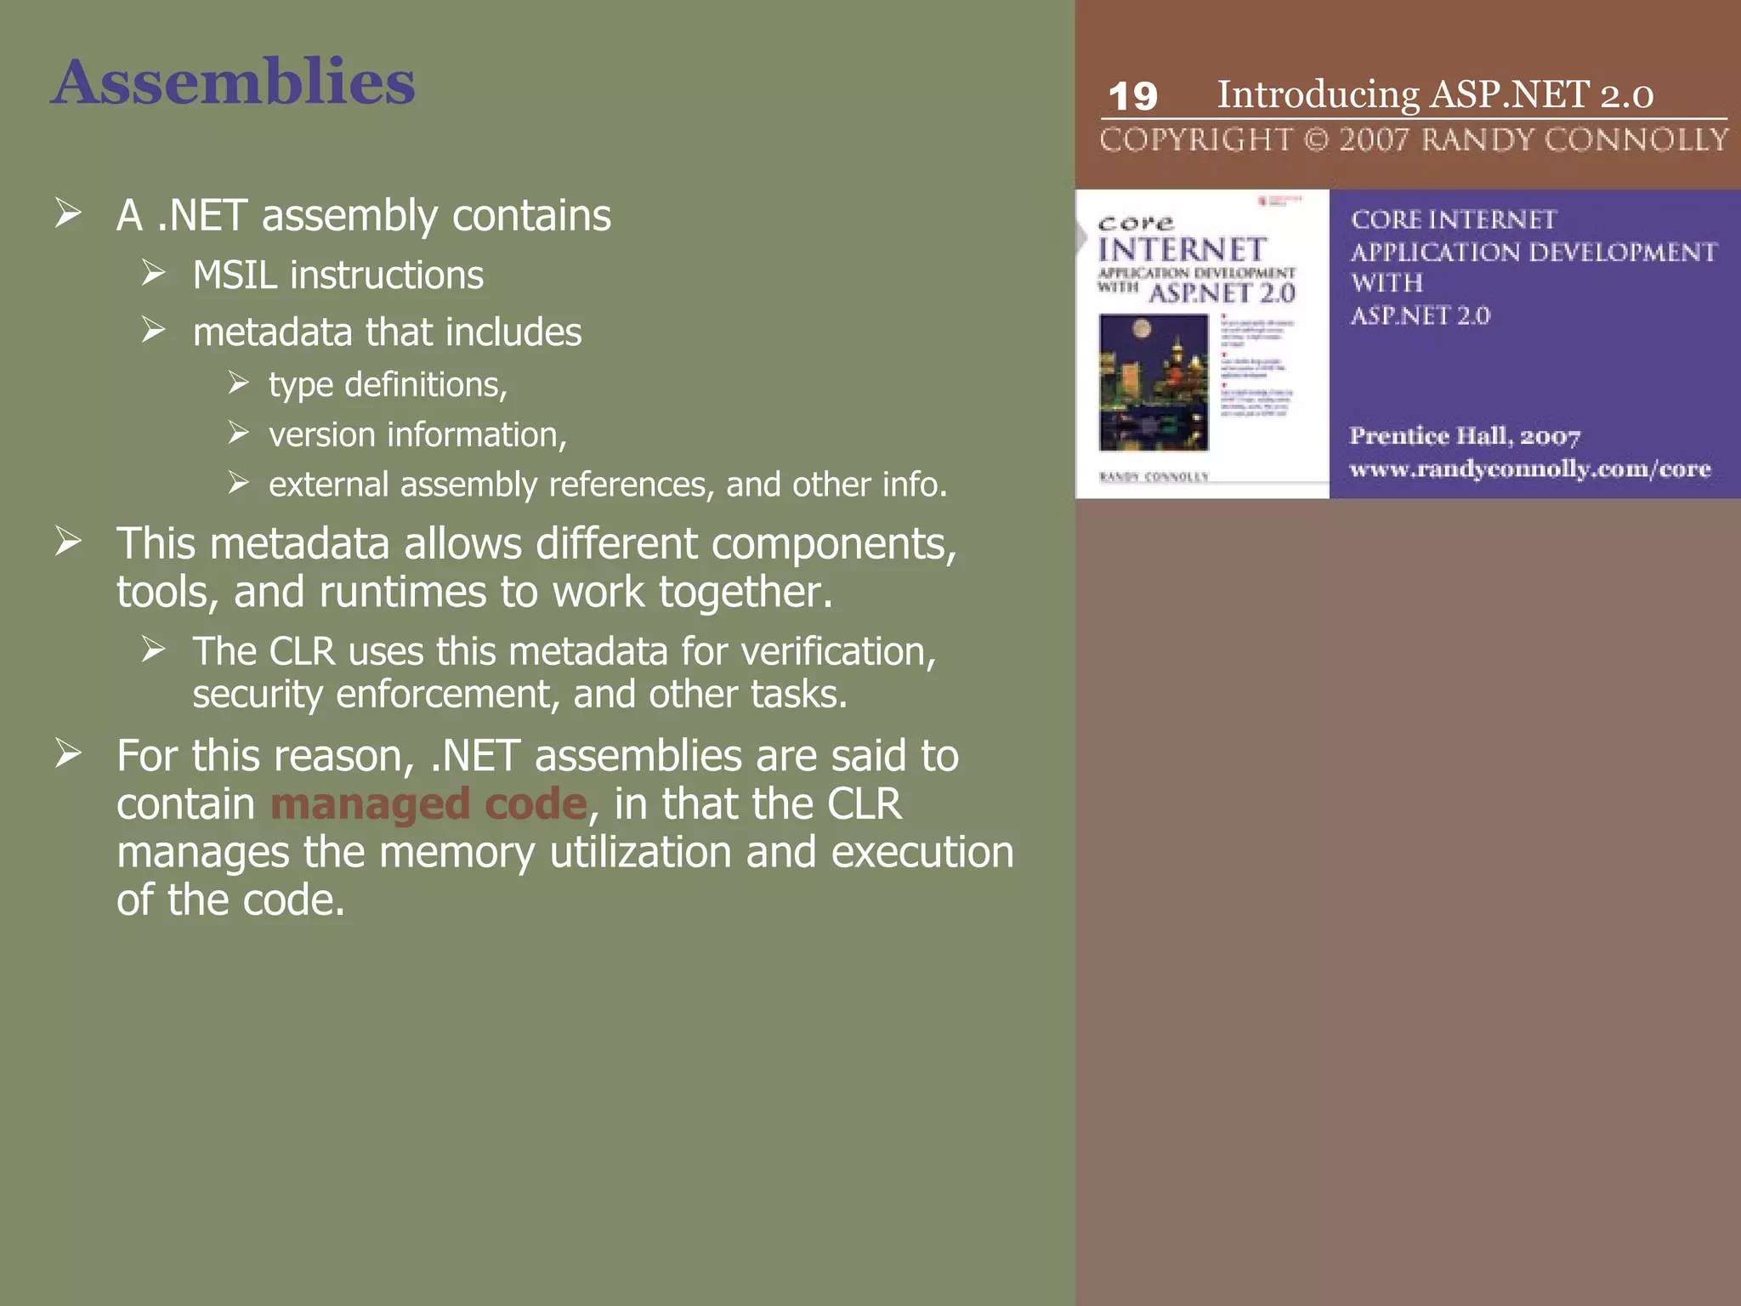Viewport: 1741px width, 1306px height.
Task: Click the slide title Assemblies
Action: pyautogui.click(x=232, y=82)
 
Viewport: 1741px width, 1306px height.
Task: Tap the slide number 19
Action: pyautogui.click(x=1132, y=96)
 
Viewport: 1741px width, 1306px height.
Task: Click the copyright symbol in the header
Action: pyautogui.click(x=1315, y=139)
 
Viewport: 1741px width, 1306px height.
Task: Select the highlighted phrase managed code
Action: pyautogui.click(x=428, y=803)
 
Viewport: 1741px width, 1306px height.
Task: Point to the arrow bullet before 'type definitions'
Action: pyautogui.click(x=238, y=383)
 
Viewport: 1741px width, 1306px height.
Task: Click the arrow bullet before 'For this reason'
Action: pyautogui.click(x=68, y=754)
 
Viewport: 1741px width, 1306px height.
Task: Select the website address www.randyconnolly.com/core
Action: pyautogui.click(x=1529, y=468)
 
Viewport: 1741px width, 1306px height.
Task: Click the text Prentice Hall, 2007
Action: pyautogui.click(x=1465, y=436)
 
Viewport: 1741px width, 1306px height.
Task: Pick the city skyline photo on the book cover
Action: pyautogui.click(x=1154, y=382)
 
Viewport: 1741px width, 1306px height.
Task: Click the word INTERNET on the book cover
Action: pyautogui.click(x=1182, y=250)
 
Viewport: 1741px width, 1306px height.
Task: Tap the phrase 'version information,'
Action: pyautogui.click(x=417, y=434)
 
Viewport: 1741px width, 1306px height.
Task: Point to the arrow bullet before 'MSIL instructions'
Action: pyautogui.click(x=154, y=274)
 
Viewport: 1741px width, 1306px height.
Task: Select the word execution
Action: pyautogui.click(x=922, y=852)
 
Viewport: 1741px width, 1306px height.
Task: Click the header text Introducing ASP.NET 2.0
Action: pyautogui.click(x=1435, y=94)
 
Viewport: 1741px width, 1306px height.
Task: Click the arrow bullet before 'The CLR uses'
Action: pyautogui.click(x=154, y=650)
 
